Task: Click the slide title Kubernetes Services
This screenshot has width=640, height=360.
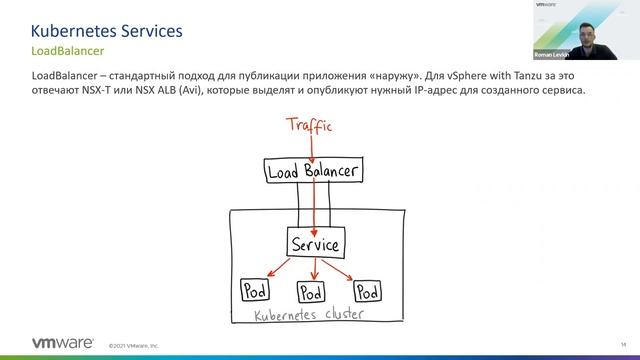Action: click(x=107, y=32)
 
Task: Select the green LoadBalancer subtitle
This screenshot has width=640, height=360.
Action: click(x=68, y=51)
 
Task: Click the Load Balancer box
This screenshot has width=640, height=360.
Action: click(x=313, y=171)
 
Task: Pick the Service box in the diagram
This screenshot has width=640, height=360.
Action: click(x=314, y=243)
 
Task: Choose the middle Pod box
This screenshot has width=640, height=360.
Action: click(x=311, y=294)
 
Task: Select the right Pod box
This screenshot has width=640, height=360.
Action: click(x=368, y=291)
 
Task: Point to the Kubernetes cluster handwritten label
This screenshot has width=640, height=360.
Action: click(x=312, y=315)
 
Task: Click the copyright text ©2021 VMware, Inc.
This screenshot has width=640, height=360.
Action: click(x=134, y=346)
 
